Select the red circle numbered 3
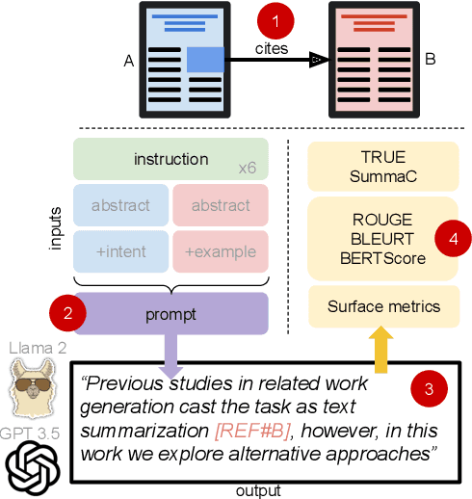tap(429, 390)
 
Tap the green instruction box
tap(171, 159)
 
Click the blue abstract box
tap(120, 205)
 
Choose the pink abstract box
tap(221, 205)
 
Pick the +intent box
tap(120, 251)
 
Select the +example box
tap(221, 251)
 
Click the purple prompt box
tap(171, 314)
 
